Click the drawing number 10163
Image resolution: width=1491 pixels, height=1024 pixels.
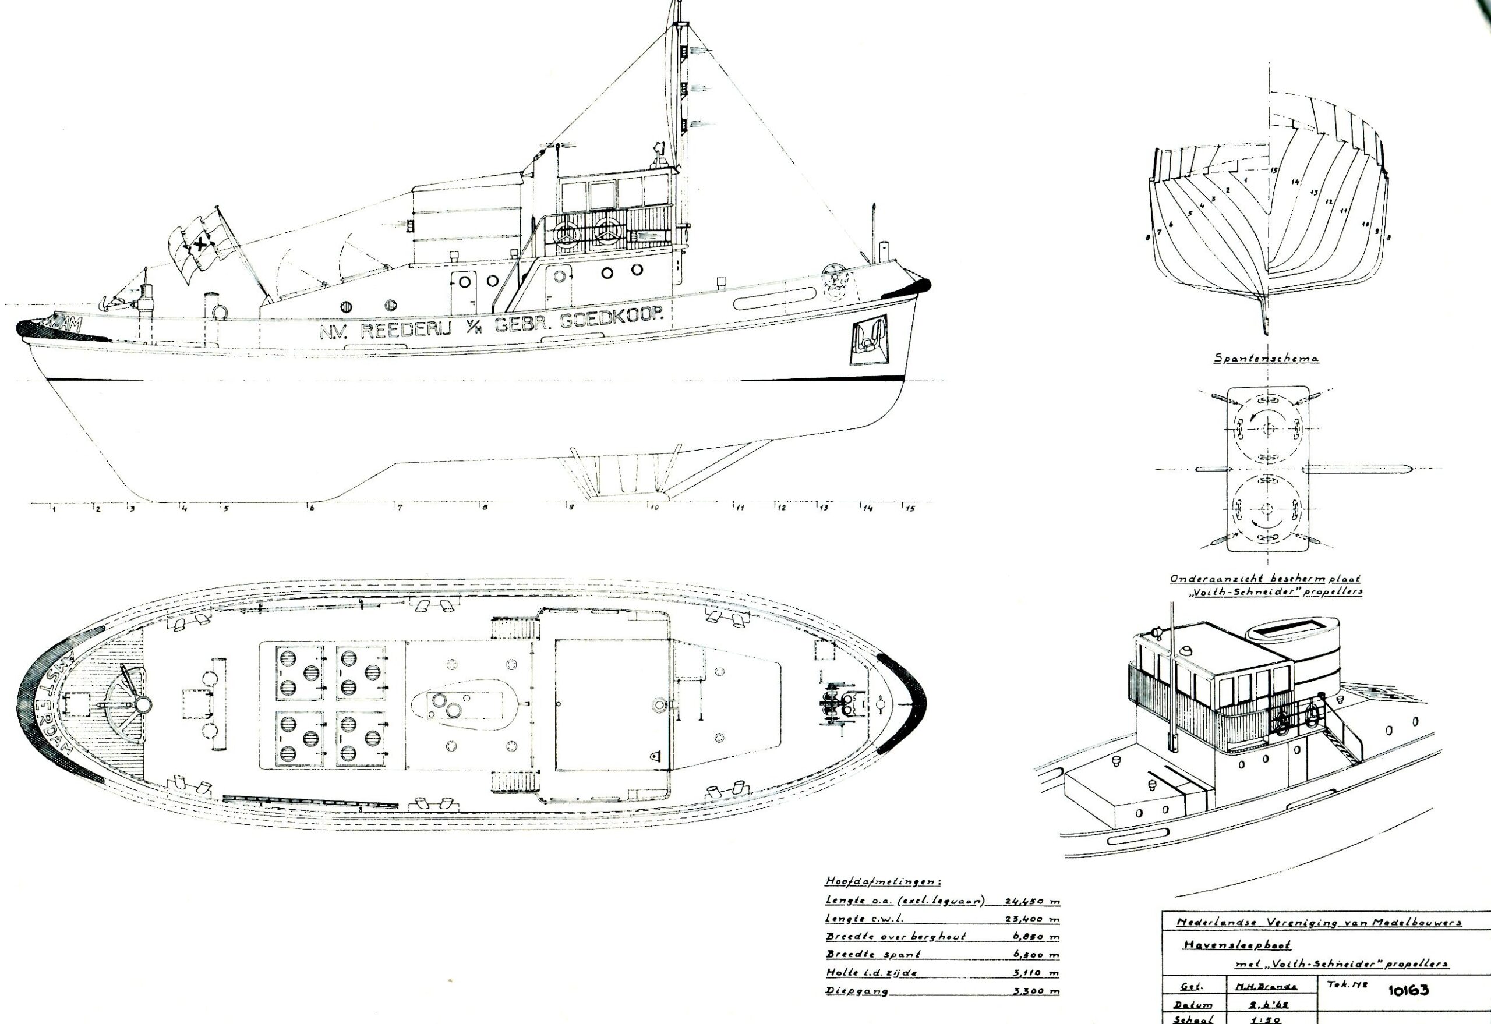click(x=1408, y=990)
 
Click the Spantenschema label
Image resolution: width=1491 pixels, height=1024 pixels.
click(x=1266, y=358)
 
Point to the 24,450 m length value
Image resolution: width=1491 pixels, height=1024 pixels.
click(x=1031, y=901)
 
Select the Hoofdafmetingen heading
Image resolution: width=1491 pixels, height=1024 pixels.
click(x=882, y=881)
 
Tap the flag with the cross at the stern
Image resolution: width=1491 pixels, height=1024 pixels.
click(x=199, y=244)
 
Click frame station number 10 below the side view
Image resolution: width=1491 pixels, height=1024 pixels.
click(x=654, y=508)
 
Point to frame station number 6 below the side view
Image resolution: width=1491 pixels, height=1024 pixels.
click(x=312, y=508)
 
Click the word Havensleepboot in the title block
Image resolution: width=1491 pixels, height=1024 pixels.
click(x=1235, y=945)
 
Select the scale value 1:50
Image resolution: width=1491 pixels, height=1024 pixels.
click(x=1261, y=1019)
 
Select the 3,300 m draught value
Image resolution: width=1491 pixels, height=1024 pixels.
click(x=1036, y=991)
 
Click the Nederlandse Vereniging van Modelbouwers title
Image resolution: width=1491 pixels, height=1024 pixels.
click(x=1319, y=923)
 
